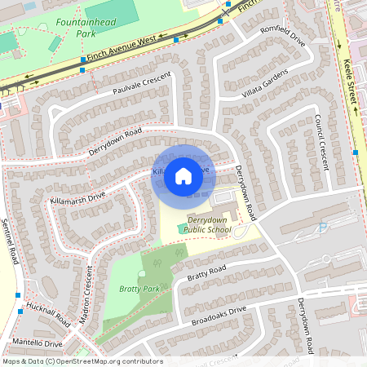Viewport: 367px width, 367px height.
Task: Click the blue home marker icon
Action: coord(183,175)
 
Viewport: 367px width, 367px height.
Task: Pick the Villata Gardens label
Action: coord(265,86)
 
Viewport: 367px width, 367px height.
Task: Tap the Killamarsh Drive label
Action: coord(77,197)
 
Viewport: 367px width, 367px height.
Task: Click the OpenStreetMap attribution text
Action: coord(82,361)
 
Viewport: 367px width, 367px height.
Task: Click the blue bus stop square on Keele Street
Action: coord(356,152)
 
